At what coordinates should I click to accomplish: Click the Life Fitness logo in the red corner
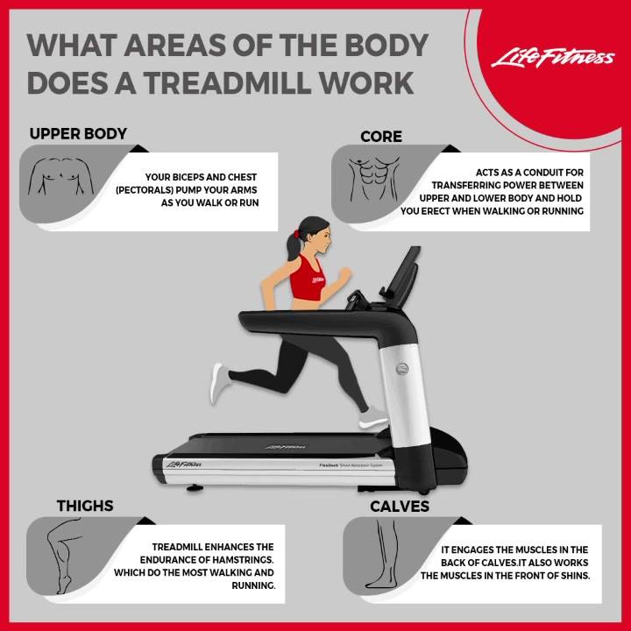click(552, 59)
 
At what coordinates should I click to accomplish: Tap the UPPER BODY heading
click(78, 134)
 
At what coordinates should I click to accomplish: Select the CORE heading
click(381, 137)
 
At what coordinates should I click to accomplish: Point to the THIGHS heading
click(85, 506)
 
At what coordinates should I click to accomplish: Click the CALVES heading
click(400, 507)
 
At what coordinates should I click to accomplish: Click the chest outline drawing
click(60, 176)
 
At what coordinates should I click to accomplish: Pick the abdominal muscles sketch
click(373, 179)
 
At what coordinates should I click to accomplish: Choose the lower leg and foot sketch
click(384, 554)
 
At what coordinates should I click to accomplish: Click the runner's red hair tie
click(296, 234)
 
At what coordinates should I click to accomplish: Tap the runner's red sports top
click(308, 278)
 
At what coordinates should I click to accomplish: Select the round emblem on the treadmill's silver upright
click(403, 369)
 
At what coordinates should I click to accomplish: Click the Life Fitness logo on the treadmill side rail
click(184, 464)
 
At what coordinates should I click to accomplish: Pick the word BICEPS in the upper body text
click(183, 177)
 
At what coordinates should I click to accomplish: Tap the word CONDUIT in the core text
click(543, 173)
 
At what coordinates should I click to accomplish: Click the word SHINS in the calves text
click(576, 576)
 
